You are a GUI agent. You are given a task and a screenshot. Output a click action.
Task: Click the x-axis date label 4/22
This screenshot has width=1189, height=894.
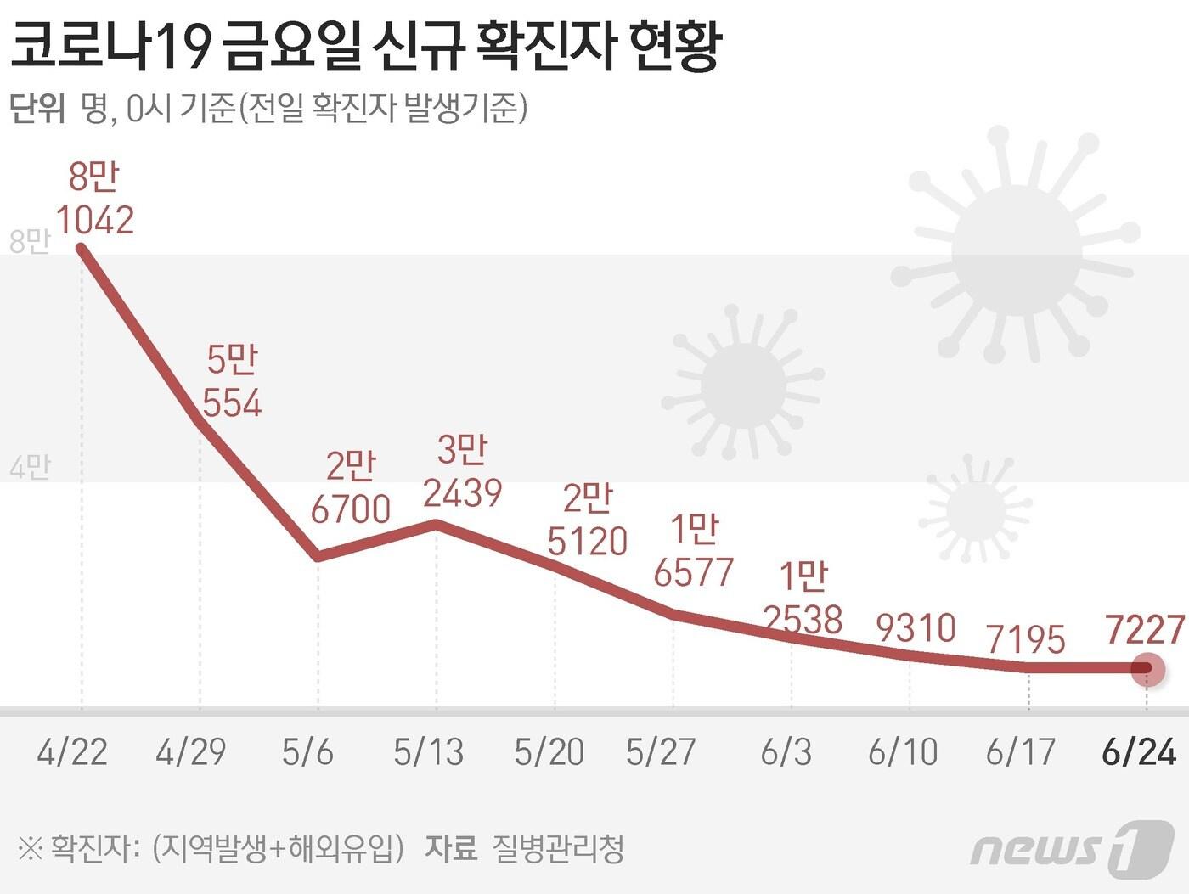[72, 752]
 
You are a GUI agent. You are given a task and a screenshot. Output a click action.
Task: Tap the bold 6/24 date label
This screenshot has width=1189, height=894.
[1139, 752]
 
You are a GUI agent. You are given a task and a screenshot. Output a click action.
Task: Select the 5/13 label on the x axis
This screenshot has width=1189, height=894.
[429, 752]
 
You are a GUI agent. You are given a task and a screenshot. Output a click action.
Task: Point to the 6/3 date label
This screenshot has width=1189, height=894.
[786, 752]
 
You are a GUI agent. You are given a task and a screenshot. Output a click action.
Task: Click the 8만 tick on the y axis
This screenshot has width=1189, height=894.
[30, 242]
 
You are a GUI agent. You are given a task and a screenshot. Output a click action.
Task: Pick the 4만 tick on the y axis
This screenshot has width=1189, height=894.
[30, 467]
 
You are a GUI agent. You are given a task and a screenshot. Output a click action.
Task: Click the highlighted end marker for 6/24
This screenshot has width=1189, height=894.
[1147, 669]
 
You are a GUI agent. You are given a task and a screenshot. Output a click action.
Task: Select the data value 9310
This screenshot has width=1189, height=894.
[916, 628]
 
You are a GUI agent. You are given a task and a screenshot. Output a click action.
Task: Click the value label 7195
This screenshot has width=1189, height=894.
[1026, 639]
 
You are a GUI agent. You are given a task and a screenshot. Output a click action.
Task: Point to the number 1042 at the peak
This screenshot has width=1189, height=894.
[95, 221]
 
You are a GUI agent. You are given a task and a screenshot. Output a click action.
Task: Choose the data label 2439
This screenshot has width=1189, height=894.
[463, 492]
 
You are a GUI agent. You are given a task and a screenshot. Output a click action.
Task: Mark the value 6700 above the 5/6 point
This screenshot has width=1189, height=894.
[351, 509]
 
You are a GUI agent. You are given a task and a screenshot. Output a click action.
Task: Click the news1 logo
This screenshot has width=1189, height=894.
[1072, 846]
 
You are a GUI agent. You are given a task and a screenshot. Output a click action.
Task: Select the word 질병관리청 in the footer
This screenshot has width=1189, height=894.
[558, 848]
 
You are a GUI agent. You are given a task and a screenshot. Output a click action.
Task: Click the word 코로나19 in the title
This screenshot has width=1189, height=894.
[110, 47]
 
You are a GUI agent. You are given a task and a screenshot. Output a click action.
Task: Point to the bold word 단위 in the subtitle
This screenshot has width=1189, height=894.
[37, 109]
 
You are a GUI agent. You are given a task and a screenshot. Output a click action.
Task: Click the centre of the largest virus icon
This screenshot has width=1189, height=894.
[1017, 252]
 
